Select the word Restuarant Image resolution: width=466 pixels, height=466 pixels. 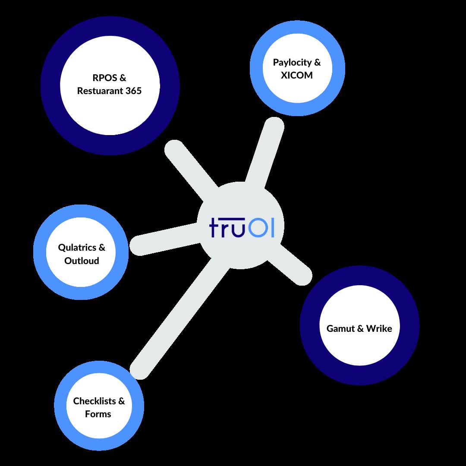coord(99,91)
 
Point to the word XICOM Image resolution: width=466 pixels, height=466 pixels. coord(296,75)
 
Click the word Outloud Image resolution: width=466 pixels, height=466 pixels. coord(82,261)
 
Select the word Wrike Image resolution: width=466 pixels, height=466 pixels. coord(379,328)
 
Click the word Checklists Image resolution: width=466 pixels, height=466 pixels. coord(94,401)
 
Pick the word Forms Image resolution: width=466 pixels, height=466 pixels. coord(98,414)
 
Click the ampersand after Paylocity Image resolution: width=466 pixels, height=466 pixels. coord(317,63)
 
